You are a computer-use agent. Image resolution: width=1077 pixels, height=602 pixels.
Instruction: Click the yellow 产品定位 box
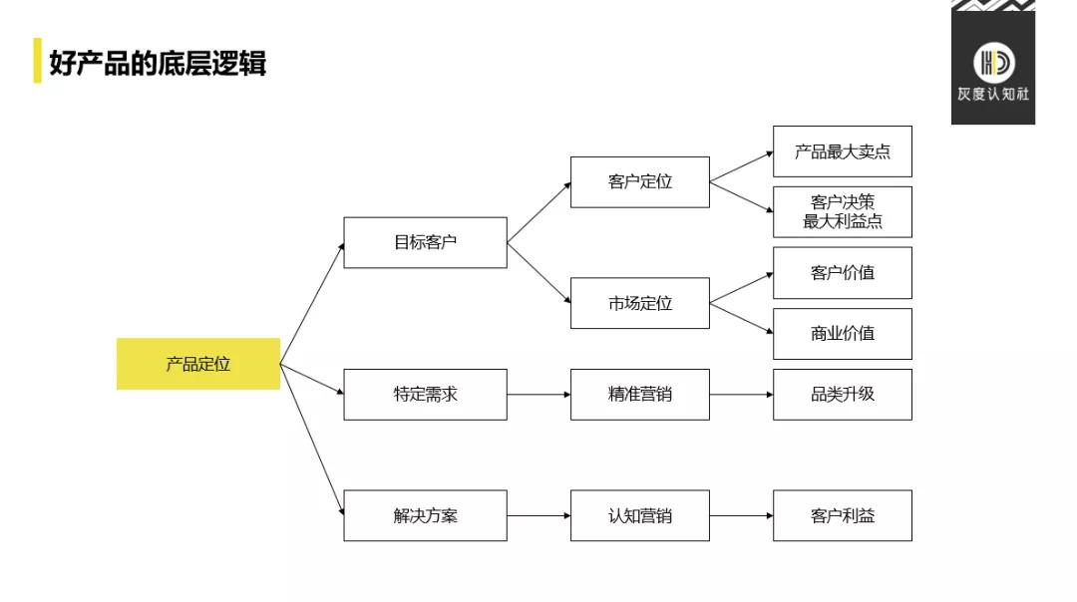coord(198,364)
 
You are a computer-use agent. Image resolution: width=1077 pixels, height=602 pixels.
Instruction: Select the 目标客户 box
coord(425,242)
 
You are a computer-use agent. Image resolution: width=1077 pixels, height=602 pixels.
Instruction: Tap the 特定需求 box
coord(425,395)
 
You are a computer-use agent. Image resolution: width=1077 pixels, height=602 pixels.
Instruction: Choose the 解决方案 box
coord(425,515)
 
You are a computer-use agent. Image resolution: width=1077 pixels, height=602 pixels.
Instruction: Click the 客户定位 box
coord(640,181)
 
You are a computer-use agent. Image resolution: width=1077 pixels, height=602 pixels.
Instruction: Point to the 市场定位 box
coord(640,303)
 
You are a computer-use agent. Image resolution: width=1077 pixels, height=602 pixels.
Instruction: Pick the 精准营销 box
coord(640,395)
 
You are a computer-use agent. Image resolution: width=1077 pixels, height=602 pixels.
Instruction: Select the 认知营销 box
coord(640,515)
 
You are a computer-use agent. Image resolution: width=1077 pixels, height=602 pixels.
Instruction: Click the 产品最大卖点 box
coord(842,151)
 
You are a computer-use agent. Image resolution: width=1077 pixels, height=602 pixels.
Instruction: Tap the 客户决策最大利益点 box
coord(842,211)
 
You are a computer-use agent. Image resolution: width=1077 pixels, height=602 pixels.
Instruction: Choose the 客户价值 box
coord(842,272)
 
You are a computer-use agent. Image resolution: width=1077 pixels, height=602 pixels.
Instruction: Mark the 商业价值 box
coord(842,334)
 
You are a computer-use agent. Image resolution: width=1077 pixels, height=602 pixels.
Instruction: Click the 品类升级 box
coord(842,395)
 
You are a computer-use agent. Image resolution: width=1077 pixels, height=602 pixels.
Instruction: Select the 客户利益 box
coord(842,515)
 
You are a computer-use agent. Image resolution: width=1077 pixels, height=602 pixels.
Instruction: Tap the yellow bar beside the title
coord(38,61)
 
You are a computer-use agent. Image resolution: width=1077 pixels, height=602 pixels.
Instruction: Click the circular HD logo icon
coord(993,63)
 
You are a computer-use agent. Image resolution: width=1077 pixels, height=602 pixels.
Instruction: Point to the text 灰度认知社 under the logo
coord(993,96)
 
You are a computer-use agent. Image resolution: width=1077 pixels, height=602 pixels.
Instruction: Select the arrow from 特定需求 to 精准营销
coord(538,395)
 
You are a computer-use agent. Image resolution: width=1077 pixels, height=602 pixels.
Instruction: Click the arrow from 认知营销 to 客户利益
coord(741,515)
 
